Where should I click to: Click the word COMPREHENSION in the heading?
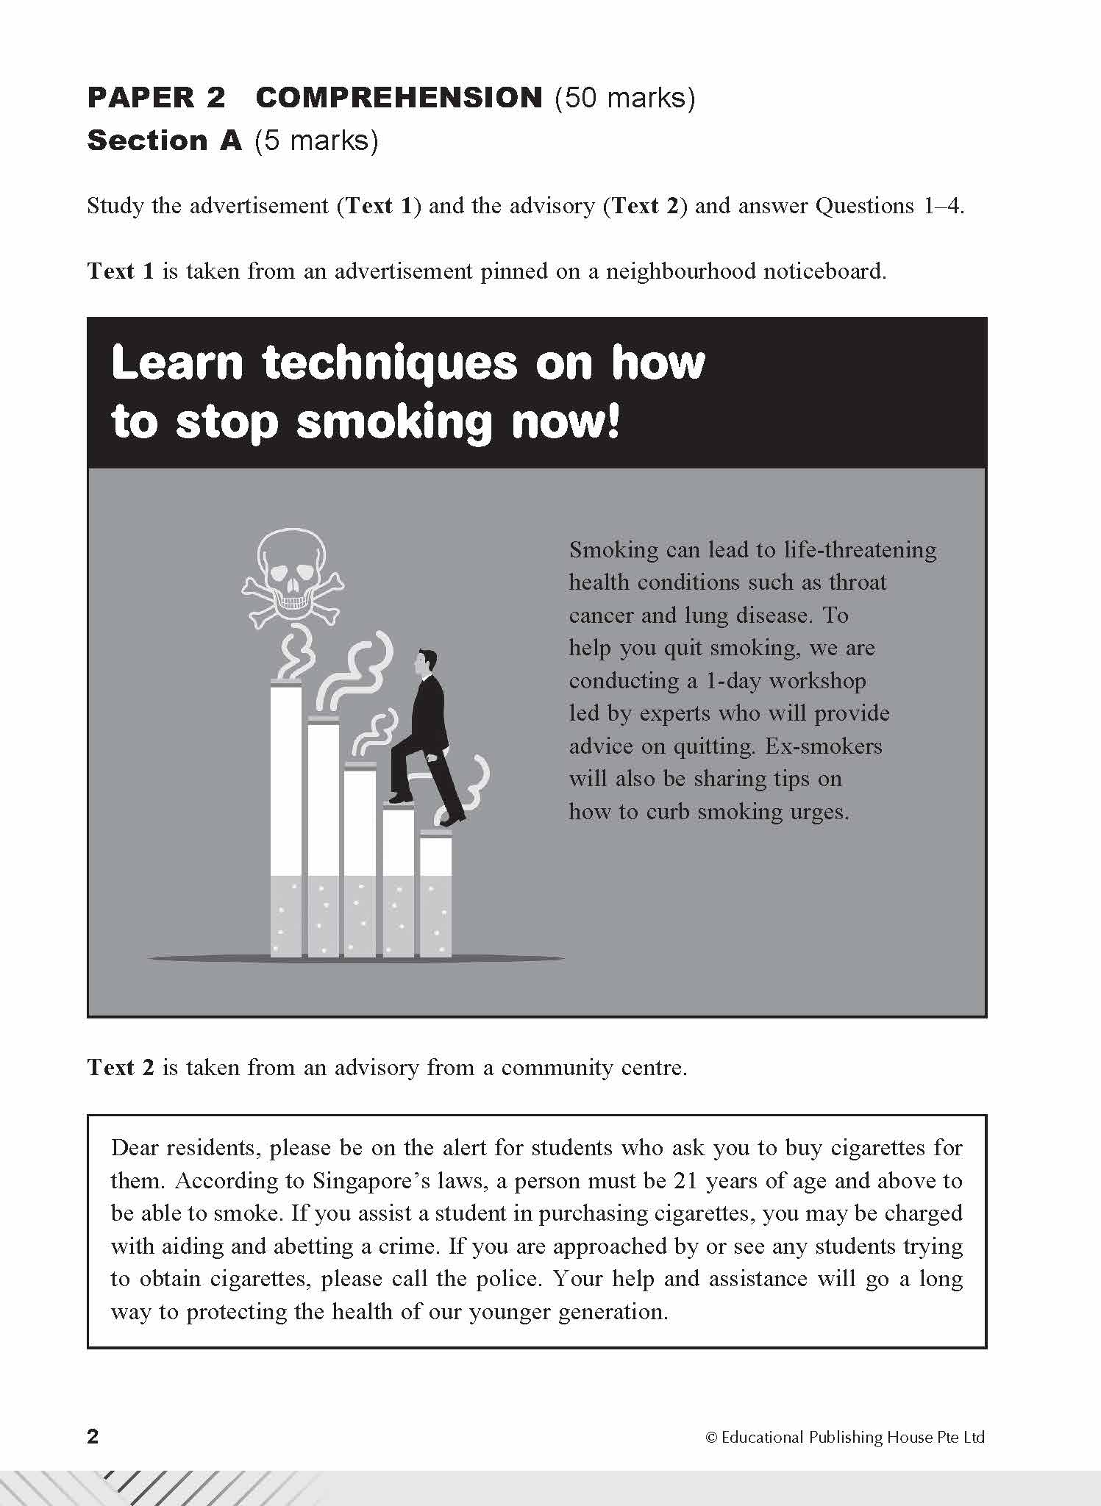click(399, 98)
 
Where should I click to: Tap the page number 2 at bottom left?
click(93, 1436)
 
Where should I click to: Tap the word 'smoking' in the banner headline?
click(393, 423)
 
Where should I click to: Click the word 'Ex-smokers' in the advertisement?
click(823, 746)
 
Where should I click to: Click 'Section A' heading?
click(164, 140)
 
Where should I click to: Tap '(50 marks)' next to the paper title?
click(624, 98)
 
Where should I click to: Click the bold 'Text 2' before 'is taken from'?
click(121, 1067)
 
